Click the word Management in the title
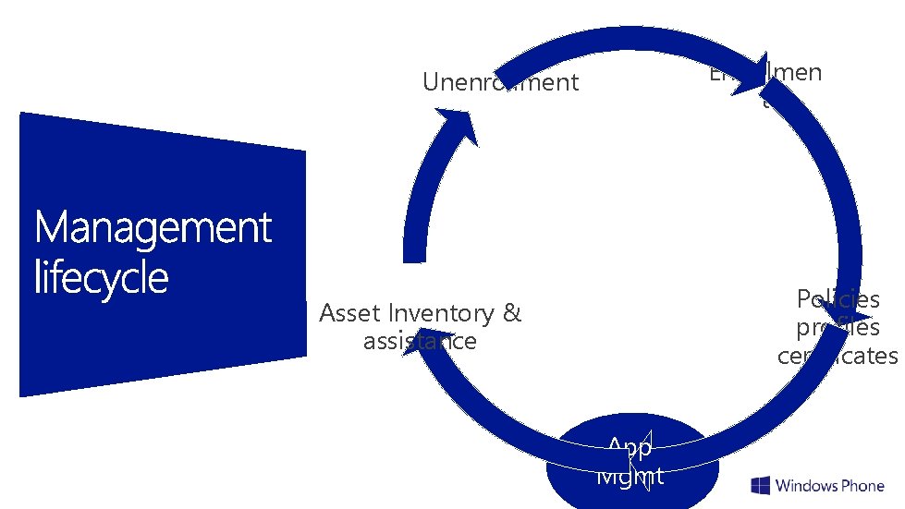click(x=153, y=228)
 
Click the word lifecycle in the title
click(x=102, y=277)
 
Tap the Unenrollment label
click(x=500, y=82)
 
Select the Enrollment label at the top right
click(x=765, y=74)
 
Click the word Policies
click(x=838, y=299)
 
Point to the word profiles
click(x=838, y=328)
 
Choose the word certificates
click(x=838, y=356)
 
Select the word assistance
click(x=420, y=341)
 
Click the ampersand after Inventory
click(x=512, y=313)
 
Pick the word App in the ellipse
click(x=630, y=448)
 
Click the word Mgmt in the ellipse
click(x=630, y=476)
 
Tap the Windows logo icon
click(x=761, y=486)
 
